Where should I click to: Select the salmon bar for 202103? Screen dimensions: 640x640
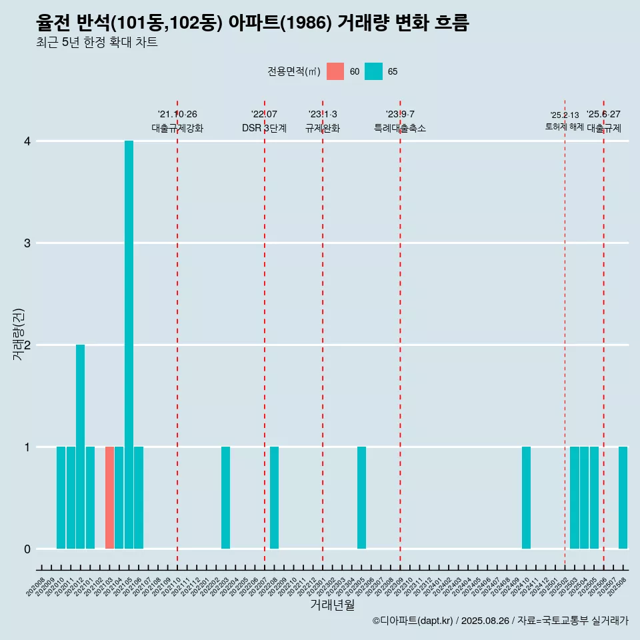click(x=109, y=497)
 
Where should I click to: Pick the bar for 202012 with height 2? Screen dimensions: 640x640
click(x=80, y=447)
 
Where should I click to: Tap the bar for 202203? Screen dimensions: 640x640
click(x=225, y=497)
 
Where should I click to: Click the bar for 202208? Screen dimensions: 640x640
click(x=274, y=497)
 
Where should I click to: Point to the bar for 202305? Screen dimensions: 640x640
click(x=361, y=497)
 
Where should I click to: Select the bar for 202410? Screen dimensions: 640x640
click(x=526, y=497)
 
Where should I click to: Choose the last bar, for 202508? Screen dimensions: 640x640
click(x=623, y=497)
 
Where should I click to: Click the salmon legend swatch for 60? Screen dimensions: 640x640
click(x=335, y=71)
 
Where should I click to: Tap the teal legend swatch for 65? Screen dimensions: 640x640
click(x=374, y=71)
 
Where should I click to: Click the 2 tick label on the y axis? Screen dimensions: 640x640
click(x=27, y=345)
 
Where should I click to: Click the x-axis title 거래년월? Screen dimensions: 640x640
click(x=332, y=605)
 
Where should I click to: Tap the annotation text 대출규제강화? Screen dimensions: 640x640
click(x=177, y=128)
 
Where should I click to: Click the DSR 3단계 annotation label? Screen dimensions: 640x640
click(x=264, y=128)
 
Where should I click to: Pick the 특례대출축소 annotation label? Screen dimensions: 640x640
click(x=400, y=128)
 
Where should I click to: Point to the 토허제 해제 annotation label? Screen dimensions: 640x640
click(x=564, y=127)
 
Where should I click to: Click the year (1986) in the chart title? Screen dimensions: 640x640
click(x=307, y=23)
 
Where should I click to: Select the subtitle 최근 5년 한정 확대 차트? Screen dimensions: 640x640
click(x=97, y=43)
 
